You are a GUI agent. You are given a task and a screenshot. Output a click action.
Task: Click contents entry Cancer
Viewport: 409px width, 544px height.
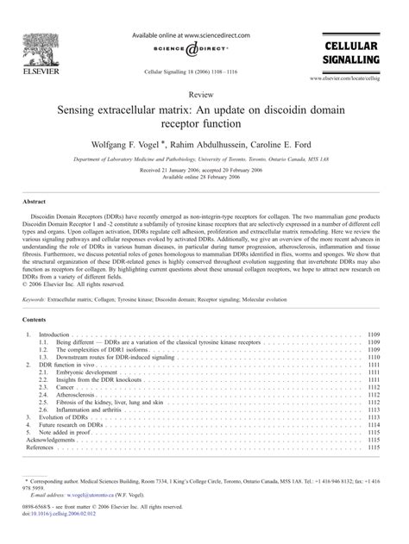pyautogui.click(x=67, y=362)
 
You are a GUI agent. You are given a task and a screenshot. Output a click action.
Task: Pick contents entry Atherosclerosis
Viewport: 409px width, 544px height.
pyautogui.click(x=79, y=370)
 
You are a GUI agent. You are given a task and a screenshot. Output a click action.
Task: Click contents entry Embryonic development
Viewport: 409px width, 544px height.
pyautogui.click(x=91, y=347)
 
